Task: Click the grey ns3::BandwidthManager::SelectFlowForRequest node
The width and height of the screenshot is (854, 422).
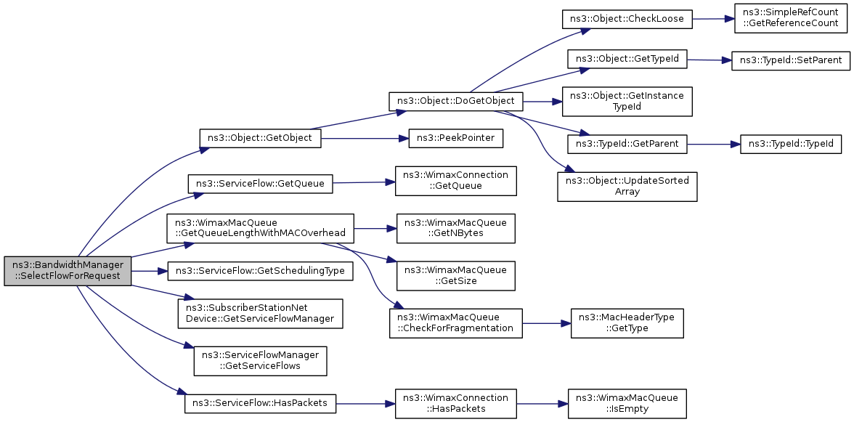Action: pos(68,271)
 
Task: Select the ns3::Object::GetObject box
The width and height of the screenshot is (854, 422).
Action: pos(260,138)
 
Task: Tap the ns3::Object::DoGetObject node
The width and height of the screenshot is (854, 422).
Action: pos(455,101)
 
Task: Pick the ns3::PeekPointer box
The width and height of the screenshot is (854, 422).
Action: pos(455,138)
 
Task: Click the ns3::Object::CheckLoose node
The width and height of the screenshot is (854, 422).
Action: pos(627,19)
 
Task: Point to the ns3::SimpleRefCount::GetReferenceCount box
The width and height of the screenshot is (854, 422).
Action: pos(791,18)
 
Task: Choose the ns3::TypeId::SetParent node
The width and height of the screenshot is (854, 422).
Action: pos(790,60)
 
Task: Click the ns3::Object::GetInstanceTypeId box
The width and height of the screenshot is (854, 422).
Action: pos(627,101)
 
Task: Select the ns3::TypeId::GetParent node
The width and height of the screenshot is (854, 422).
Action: pos(627,144)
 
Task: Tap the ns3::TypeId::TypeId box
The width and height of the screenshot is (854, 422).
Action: pos(791,145)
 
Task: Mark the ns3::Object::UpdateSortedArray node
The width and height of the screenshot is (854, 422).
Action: pos(627,187)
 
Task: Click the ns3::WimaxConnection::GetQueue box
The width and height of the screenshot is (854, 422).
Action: pos(455,182)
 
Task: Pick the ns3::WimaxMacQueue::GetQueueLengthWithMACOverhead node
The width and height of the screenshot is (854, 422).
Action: pos(260,229)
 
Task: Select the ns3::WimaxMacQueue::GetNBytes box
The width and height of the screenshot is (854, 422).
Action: pos(455,229)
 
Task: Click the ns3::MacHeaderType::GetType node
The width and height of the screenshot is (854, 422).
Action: pos(627,323)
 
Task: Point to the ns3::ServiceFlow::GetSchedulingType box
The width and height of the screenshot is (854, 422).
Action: pos(260,271)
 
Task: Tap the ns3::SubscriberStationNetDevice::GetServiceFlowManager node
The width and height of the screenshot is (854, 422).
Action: pos(260,313)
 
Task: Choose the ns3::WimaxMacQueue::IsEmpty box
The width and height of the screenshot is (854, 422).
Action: pos(627,404)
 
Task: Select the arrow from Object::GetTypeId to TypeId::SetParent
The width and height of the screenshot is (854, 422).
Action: pos(709,60)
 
